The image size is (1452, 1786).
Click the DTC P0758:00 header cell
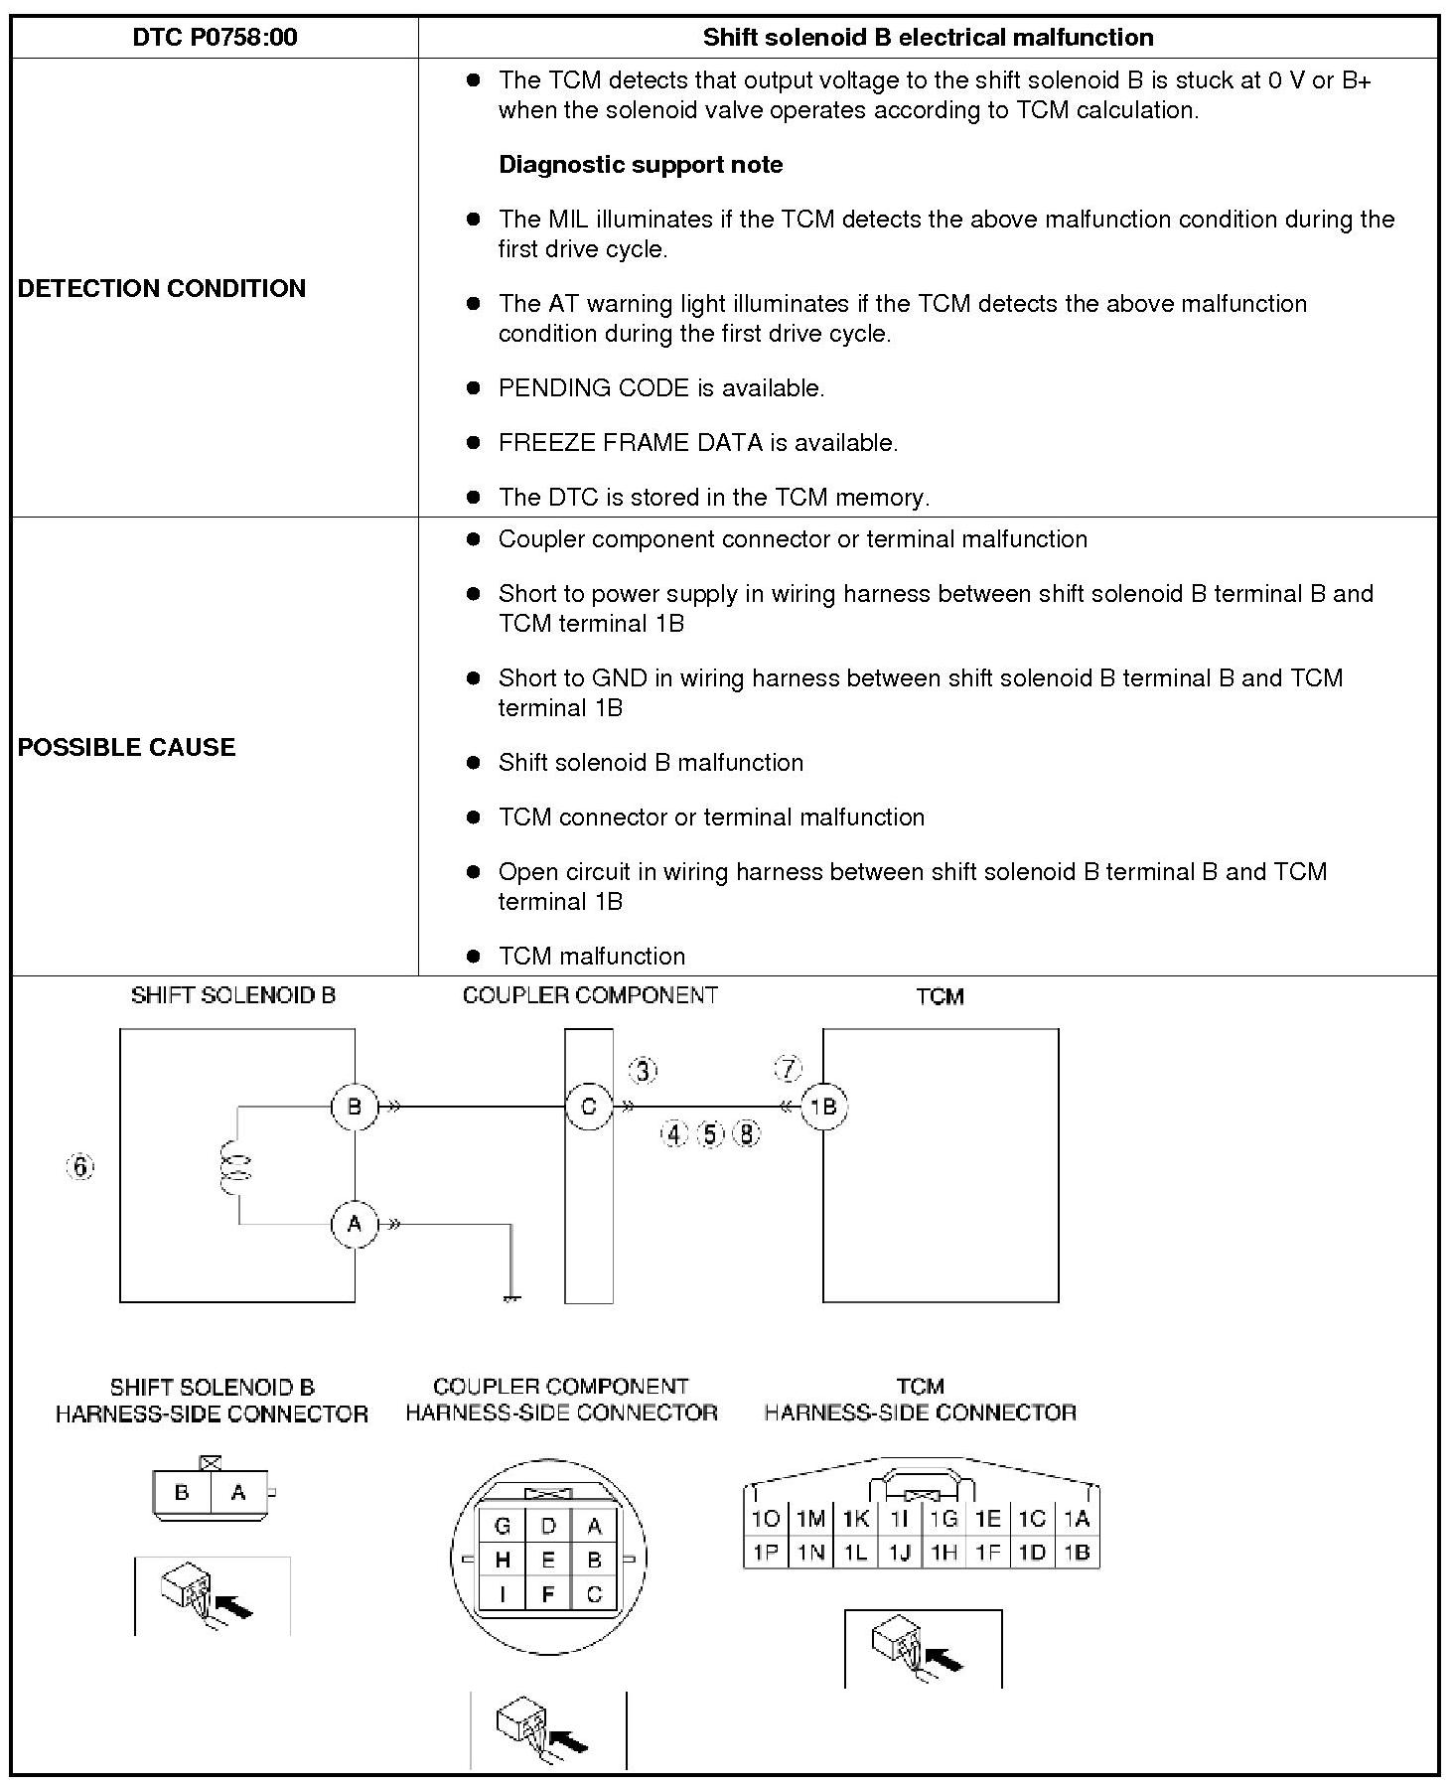click(215, 38)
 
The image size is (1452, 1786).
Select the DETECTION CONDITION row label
click(162, 288)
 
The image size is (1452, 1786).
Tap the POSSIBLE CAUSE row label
click(127, 747)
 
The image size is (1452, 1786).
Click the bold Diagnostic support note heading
click(641, 165)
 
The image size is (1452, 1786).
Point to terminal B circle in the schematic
click(355, 1107)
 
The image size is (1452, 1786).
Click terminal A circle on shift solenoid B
click(355, 1225)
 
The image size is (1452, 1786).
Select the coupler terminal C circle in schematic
click(589, 1107)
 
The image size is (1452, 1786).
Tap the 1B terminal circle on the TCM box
click(823, 1107)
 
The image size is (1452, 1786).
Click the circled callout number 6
click(81, 1166)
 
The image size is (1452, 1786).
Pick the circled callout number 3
click(644, 1071)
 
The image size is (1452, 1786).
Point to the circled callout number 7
click(788, 1070)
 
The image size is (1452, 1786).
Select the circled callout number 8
click(747, 1133)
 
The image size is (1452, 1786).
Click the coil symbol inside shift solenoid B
click(236, 1166)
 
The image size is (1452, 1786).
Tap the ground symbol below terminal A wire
click(511, 1297)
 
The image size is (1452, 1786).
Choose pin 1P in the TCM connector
click(766, 1552)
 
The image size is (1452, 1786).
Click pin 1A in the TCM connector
click(1077, 1519)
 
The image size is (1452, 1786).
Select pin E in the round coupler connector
click(548, 1560)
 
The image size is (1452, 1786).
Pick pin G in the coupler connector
click(503, 1526)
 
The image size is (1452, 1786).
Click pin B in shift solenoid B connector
click(182, 1492)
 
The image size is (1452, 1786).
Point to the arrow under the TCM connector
click(944, 1658)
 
